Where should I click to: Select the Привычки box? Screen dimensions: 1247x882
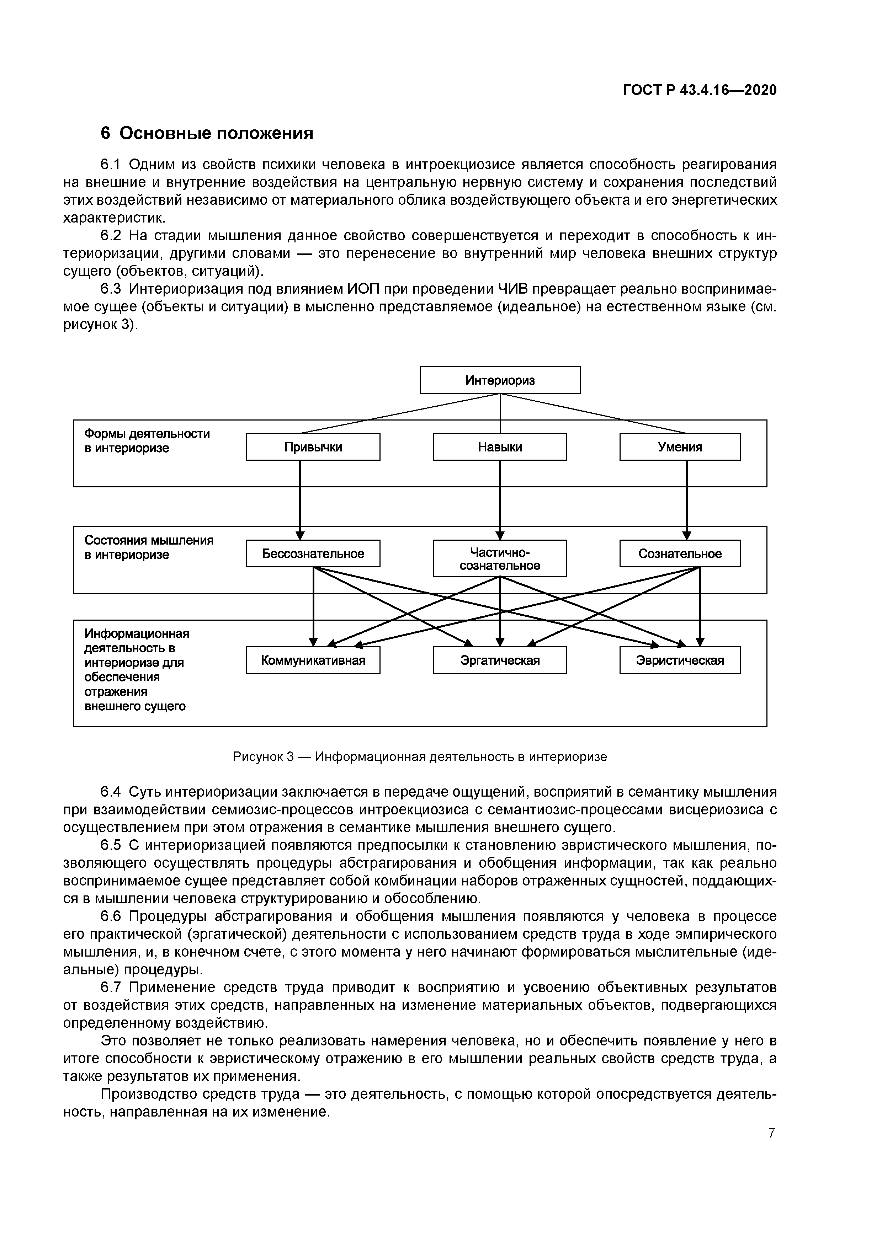(313, 446)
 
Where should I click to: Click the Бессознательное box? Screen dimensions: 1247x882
(313, 553)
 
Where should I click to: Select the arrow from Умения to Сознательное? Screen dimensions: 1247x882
(687, 500)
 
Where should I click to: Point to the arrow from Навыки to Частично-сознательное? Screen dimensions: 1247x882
(500, 500)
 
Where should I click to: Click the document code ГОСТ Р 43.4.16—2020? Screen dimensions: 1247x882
(700, 90)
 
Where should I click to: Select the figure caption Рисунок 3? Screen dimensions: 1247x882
(420, 756)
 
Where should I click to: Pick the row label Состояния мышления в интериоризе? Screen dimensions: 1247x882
(148, 547)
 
